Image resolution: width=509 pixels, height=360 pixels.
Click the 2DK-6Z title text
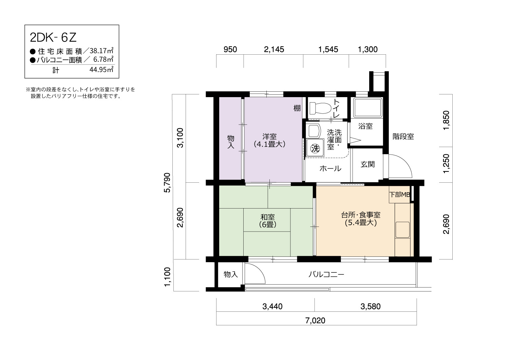point(53,37)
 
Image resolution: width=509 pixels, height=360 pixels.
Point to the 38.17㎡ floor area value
point(101,51)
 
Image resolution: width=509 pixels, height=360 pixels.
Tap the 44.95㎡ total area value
point(101,69)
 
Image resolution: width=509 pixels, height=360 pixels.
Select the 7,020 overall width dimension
point(315,320)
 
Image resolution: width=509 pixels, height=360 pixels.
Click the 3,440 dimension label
point(272,307)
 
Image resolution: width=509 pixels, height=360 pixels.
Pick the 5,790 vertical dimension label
point(167,183)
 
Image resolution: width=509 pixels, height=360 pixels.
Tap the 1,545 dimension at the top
point(328,49)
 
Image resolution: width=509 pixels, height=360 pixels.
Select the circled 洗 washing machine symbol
point(315,148)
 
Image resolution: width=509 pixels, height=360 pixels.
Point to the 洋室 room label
point(269,137)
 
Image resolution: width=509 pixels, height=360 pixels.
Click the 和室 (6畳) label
point(268,221)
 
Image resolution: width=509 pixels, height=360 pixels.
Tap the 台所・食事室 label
point(361,215)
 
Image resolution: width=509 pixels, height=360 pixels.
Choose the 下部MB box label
point(400,195)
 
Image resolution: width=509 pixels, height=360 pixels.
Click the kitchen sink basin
point(402,230)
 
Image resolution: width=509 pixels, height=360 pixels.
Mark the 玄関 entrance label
point(367,164)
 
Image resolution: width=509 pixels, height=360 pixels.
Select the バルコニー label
point(326,274)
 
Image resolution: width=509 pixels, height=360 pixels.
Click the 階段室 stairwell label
point(403,137)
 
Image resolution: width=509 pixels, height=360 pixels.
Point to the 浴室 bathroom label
point(365,126)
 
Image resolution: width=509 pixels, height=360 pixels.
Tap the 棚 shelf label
point(297,108)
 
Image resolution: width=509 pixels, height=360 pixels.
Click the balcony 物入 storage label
point(231,274)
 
